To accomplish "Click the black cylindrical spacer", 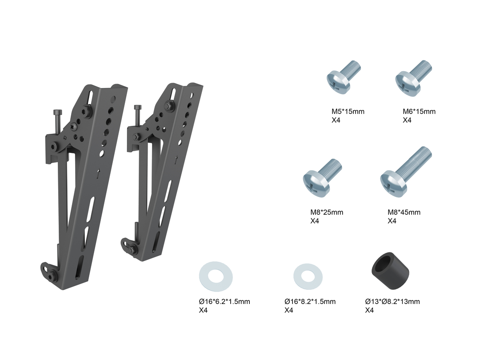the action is pos(390,271).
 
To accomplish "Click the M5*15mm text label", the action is pos(348,112).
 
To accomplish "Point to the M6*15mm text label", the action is pos(419,112).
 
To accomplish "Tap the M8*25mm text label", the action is pos(327,212).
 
